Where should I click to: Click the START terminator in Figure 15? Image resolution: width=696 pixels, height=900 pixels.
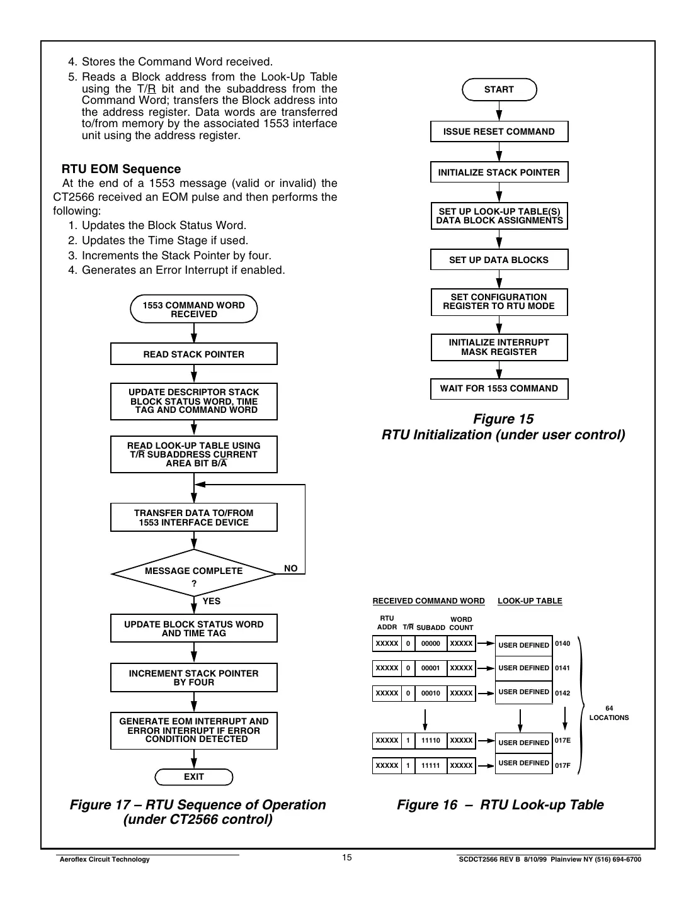499,89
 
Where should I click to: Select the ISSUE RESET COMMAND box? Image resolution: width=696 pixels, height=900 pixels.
499,132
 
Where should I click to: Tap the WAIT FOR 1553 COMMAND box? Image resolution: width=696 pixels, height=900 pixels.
499,388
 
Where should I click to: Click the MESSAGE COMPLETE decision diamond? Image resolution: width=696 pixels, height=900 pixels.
194,572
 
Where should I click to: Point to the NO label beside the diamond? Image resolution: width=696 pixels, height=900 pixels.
290,568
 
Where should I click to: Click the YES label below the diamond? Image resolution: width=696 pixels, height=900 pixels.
211,601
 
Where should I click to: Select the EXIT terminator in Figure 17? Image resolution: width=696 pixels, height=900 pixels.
194,777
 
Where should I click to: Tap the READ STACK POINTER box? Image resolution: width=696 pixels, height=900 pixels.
194,354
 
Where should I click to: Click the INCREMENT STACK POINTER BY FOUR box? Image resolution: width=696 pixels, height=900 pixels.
194,678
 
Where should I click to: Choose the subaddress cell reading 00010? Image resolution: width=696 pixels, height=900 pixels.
431,693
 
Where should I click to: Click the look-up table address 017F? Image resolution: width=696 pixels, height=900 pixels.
562,766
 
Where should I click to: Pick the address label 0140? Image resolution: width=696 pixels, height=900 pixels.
562,643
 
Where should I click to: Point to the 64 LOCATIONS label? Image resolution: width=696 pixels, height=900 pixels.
608,713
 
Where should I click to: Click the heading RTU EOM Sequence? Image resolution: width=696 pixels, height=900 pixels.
121,169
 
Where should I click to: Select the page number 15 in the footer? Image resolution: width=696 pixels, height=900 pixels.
347,857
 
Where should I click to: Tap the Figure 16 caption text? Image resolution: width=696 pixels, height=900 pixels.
500,805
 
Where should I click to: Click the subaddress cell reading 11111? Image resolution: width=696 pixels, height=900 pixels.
431,766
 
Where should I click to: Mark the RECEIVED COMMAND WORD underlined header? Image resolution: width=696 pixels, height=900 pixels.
428,601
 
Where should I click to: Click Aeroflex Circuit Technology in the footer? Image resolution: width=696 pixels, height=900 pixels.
104,860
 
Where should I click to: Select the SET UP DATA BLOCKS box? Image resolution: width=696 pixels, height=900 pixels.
499,260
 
